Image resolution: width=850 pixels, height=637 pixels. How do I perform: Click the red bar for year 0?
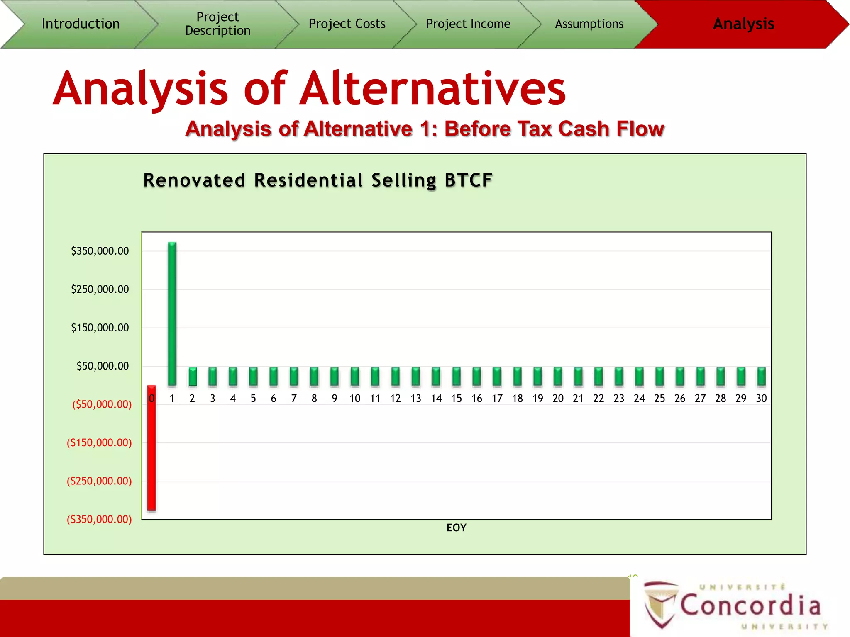point(152,448)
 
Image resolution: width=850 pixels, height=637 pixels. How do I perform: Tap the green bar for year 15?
point(457,377)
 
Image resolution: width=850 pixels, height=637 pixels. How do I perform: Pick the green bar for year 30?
point(761,377)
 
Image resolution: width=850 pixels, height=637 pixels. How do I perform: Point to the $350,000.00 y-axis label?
point(100,251)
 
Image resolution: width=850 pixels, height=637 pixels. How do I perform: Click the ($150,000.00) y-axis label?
point(99,442)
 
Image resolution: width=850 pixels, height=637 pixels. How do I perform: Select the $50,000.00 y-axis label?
point(103,366)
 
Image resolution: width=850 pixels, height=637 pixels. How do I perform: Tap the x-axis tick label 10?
point(355,399)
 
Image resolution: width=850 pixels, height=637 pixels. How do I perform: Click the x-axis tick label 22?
point(598,399)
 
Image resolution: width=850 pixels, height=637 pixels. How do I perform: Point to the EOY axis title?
point(456,528)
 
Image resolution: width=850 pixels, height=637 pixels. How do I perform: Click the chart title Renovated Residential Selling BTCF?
point(318,180)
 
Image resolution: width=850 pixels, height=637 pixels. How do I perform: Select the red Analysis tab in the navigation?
point(743,24)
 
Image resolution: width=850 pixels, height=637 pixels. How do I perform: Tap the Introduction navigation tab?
point(81,24)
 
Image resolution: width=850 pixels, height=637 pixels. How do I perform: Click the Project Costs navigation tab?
point(347,24)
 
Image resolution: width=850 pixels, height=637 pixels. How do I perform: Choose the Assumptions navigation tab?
point(589,24)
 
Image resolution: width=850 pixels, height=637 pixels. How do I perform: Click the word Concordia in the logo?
point(750,605)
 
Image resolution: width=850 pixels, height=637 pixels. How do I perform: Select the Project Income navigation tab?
point(468,24)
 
